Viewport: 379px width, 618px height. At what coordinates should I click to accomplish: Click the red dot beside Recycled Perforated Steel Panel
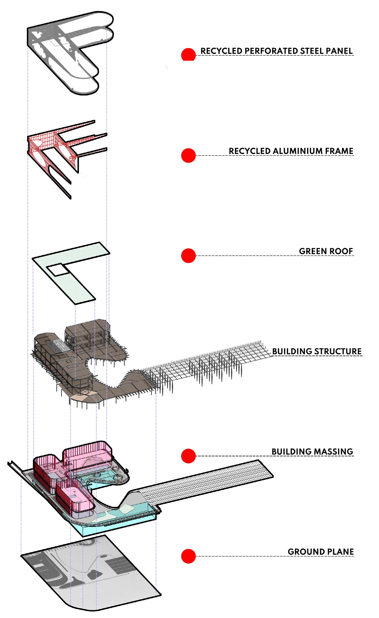pyautogui.click(x=188, y=55)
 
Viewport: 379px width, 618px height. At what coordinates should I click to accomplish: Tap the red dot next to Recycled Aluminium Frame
pyautogui.click(x=188, y=156)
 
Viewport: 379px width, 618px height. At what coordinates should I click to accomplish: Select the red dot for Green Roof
pyautogui.click(x=188, y=255)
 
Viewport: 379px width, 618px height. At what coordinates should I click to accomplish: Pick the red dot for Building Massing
pyautogui.click(x=188, y=456)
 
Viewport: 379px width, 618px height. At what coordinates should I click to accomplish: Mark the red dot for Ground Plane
pyautogui.click(x=188, y=556)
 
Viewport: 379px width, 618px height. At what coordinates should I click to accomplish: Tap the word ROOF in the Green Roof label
pyautogui.click(x=342, y=251)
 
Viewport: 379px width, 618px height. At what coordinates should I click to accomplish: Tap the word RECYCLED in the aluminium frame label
pyautogui.click(x=250, y=151)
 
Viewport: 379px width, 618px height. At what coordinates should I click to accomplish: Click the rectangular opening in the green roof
pyautogui.click(x=58, y=270)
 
